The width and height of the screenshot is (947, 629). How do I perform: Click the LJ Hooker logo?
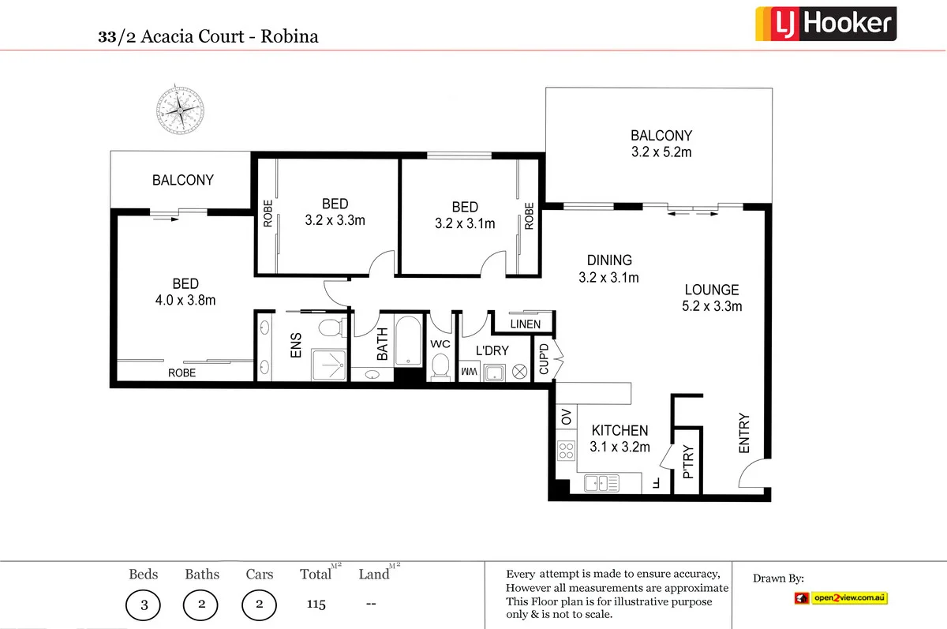[825, 23]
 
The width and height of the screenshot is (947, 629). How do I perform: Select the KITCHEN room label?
[620, 431]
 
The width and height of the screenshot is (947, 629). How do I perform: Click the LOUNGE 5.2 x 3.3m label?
[711, 298]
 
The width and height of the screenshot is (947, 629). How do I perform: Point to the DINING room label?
[608, 260]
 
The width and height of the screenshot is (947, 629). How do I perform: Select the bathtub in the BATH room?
[409, 342]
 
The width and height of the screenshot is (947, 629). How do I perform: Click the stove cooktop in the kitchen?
[566, 451]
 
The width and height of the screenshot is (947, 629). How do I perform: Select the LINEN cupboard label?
[526, 324]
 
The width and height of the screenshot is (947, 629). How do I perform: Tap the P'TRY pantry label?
[687, 462]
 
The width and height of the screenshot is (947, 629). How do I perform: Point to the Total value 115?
[316, 605]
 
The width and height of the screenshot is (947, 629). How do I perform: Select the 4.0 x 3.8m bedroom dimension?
[185, 300]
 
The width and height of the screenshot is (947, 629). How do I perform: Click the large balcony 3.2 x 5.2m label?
[661, 144]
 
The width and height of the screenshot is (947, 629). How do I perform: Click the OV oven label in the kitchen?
[565, 416]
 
